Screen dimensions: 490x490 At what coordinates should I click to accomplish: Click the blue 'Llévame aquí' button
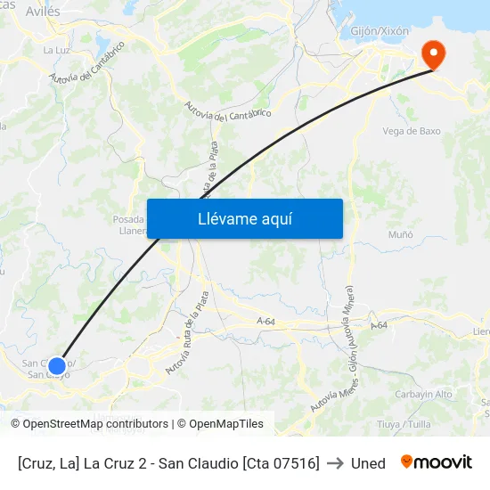point(244,218)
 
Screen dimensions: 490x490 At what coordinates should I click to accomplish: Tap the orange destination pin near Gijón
point(434,54)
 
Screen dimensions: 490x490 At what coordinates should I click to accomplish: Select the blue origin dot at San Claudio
point(57,365)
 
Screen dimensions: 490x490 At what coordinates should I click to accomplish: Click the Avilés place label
point(43,12)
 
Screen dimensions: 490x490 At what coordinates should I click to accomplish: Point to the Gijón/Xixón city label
point(380,31)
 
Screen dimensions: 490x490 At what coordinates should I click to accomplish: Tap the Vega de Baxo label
point(411,131)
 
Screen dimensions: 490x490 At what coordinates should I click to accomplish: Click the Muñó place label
point(401,234)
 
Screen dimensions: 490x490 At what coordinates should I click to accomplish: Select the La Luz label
point(56,51)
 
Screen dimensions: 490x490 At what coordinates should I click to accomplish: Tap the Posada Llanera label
point(128,225)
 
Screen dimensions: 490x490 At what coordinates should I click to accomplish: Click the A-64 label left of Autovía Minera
point(265,321)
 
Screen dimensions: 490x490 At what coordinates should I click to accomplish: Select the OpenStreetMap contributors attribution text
point(90,424)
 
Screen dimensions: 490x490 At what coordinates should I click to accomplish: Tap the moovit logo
point(437,462)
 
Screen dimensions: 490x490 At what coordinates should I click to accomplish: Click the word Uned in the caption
point(368,463)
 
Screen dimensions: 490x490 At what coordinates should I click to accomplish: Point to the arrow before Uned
point(335,463)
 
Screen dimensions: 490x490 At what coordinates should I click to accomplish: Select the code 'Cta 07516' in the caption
point(281,463)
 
